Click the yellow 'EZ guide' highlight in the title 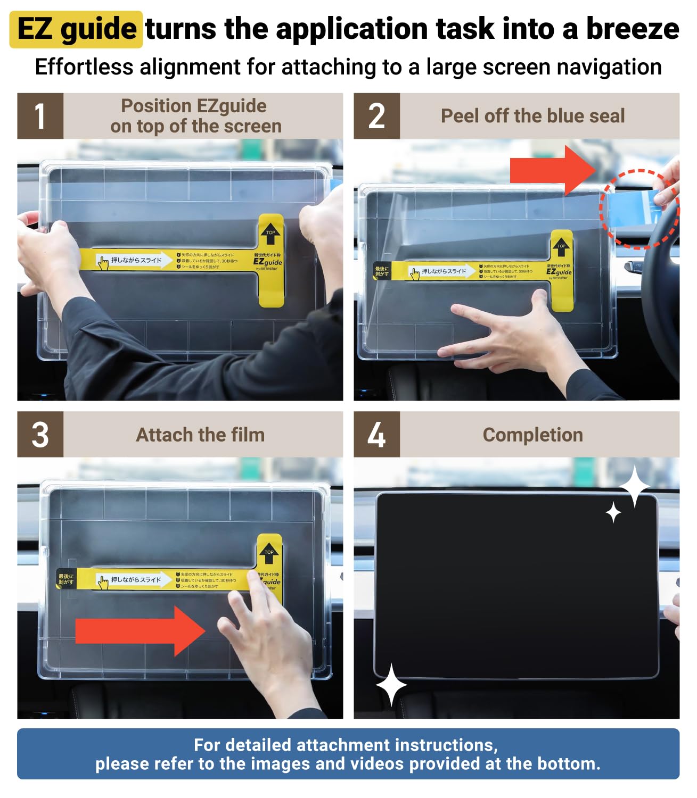(x=76, y=29)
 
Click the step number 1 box (x=40, y=116)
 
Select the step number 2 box (x=376, y=116)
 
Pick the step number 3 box (x=40, y=434)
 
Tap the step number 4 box (x=376, y=434)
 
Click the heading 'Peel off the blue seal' (x=532, y=116)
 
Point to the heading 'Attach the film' (x=200, y=435)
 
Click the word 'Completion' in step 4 (x=532, y=435)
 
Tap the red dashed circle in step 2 (x=639, y=209)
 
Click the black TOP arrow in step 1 (x=270, y=233)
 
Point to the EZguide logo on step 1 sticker (x=267, y=262)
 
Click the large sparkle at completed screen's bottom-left (x=391, y=685)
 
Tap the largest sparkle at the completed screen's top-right (x=635, y=486)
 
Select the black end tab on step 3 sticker (x=66, y=579)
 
